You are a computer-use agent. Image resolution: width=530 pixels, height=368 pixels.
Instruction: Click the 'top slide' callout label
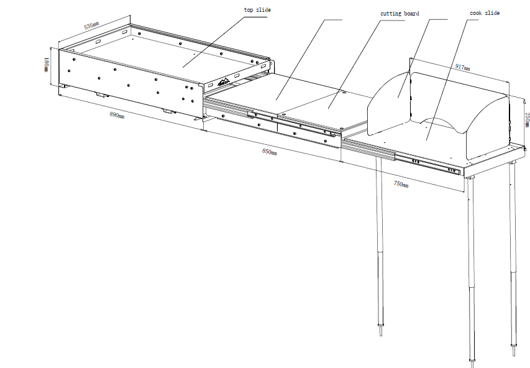click(x=257, y=10)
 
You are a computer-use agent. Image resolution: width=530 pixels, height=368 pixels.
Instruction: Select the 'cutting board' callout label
click(x=400, y=14)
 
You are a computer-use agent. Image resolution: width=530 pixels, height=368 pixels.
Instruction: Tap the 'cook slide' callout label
click(x=485, y=13)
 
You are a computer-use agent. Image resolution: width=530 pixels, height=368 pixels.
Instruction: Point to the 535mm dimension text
click(x=91, y=25)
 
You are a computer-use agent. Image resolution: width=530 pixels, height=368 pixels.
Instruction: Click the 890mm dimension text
click(x=117, y=115)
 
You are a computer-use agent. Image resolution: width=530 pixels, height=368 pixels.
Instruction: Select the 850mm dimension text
click(x=270, y=152)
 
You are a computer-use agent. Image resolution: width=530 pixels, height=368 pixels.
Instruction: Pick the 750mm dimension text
click(x=401, y=184)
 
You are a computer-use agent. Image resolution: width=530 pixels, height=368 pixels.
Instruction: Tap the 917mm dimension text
click(x=462, y=67)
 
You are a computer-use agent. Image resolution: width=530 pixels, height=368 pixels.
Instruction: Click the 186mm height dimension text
click(x=47, y=65)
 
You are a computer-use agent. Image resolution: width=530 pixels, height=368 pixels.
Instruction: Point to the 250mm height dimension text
click(x=527, y=120)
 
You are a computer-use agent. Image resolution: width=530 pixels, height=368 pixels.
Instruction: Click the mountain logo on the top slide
click(x=224, y=81)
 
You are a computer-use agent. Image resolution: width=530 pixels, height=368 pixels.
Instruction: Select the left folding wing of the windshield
click(x=389, y=103)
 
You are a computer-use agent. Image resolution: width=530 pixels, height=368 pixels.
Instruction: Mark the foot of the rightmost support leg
click(x=514, y=350)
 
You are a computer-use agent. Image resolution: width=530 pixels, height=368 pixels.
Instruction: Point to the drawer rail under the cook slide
click(x=401, y=157)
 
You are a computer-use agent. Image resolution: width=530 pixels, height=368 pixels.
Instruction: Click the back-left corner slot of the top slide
click(x=124, y=32)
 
